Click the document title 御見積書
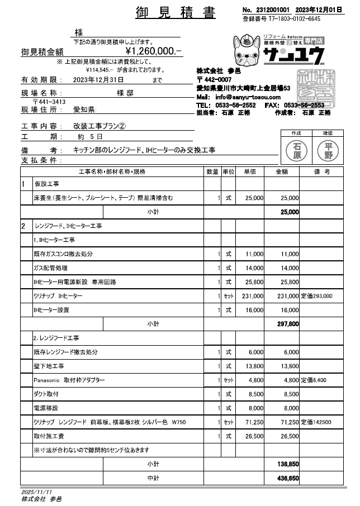pos(176,13)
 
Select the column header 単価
pos(249,171)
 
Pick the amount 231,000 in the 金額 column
pos(288,296)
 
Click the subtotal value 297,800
pos(288,324)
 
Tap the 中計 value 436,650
pos(288,478)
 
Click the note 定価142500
pos(316,422)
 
